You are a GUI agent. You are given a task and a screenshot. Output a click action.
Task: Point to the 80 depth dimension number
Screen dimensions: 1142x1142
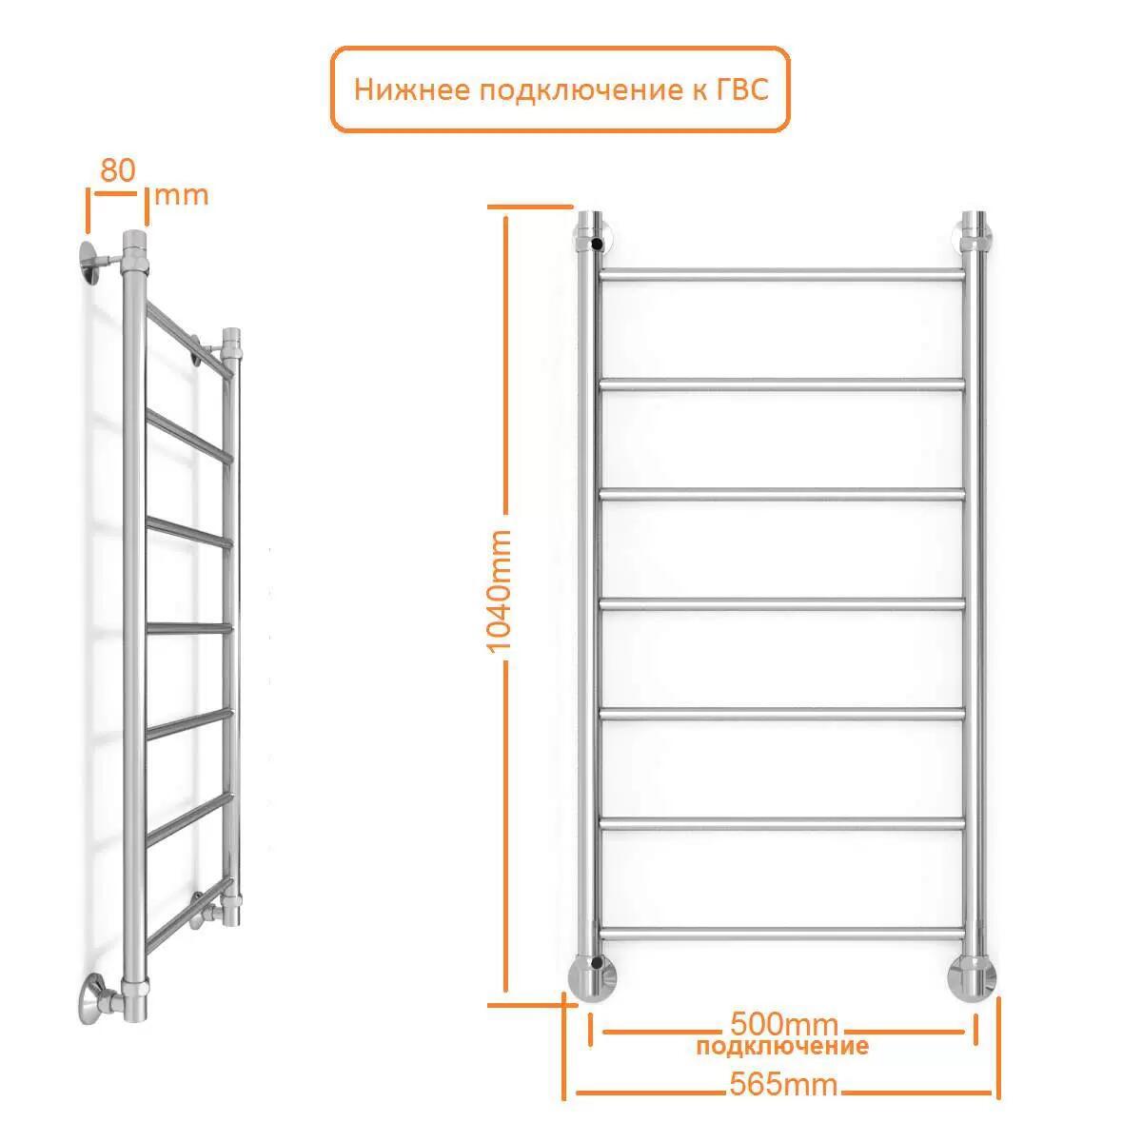pyautogui.click(x=118, y=170)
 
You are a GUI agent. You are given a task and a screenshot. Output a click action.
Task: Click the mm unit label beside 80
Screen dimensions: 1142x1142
pyautogui.click(x=182, y=196)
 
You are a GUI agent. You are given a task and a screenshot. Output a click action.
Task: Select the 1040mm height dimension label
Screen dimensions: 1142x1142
pyautogui.click(x=498, y=591)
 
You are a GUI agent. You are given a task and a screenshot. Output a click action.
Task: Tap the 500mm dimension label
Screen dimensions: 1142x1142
pyautogui.click(x=784, y=1024)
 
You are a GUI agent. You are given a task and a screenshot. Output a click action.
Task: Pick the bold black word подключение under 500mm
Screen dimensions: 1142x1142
pyautogui.click(x=782, y=1047)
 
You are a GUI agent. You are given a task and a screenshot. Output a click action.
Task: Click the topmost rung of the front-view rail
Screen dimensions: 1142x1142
pyautogui.click(x=782, y=275)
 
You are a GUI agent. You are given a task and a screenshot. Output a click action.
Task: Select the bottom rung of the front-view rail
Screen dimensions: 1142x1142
pyautogui.click(x=782, y=934)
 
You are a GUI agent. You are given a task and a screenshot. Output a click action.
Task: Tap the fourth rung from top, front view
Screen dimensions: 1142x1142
pyautogui.click(x=782, y=604)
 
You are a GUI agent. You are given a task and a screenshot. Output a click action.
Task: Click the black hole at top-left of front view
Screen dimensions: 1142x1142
pyautogui.click(x=597, y=243)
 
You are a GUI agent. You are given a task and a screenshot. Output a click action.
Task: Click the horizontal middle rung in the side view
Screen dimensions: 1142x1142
pyautogui.click(x=189, y=628)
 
